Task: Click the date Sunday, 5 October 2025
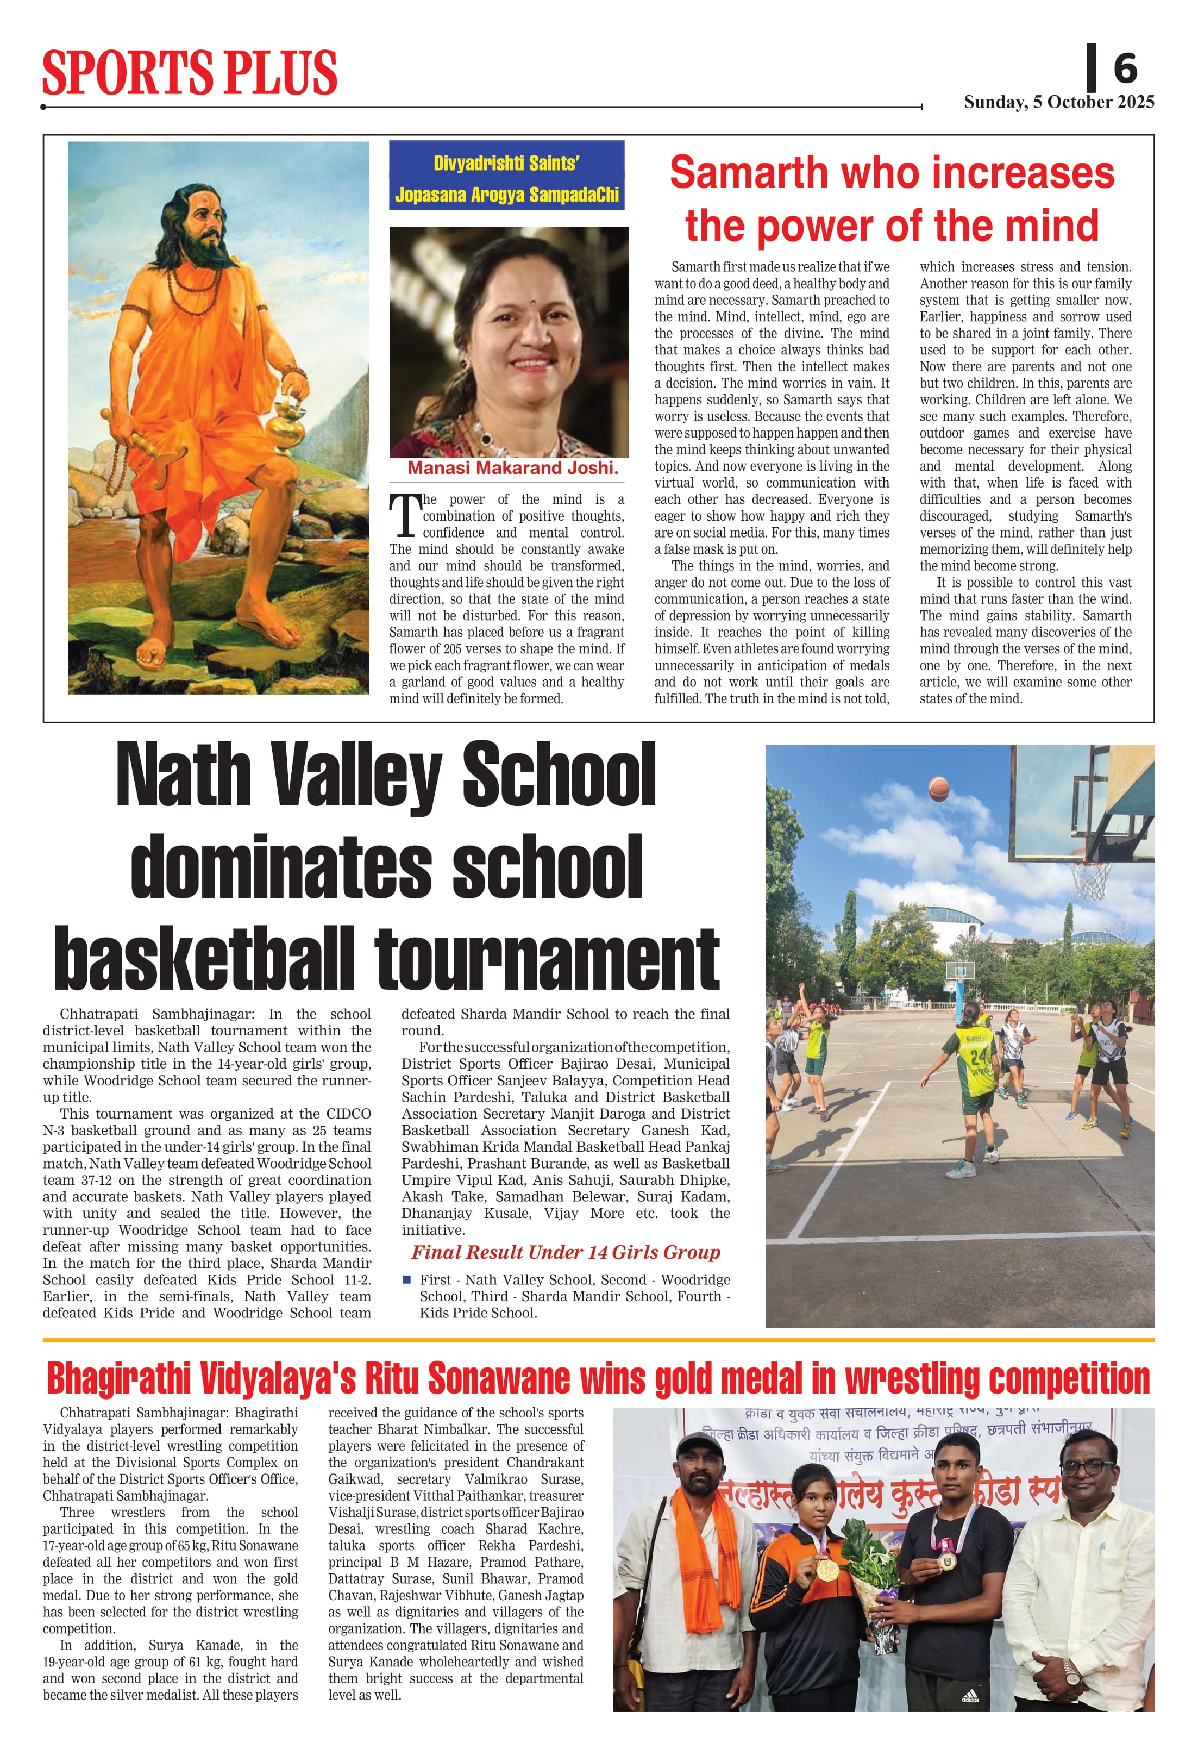1058,102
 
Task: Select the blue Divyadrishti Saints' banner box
506,175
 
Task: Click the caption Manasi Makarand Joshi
512,468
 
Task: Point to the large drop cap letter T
405,516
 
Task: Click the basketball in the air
938,789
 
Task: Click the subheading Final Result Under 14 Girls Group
566,1253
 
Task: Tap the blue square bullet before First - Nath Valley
407,1279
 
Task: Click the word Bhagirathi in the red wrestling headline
118,1379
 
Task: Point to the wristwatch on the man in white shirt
1070,1673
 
